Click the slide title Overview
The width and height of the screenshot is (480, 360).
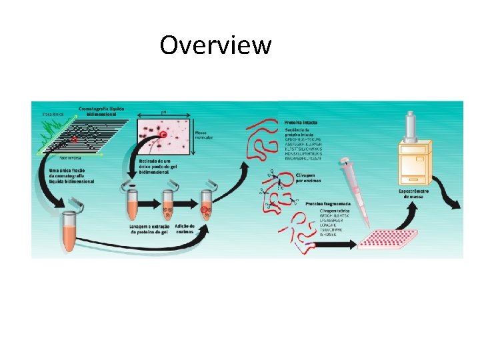pyautogui.click(x=215, y=45)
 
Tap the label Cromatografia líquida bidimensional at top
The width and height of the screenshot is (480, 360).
pyautogui.click(x=101, y=111)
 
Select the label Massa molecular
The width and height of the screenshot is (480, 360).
pyautogui.click(x=203, y=135)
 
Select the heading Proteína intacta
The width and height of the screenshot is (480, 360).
pyautogui.click(x=300, y=123)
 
